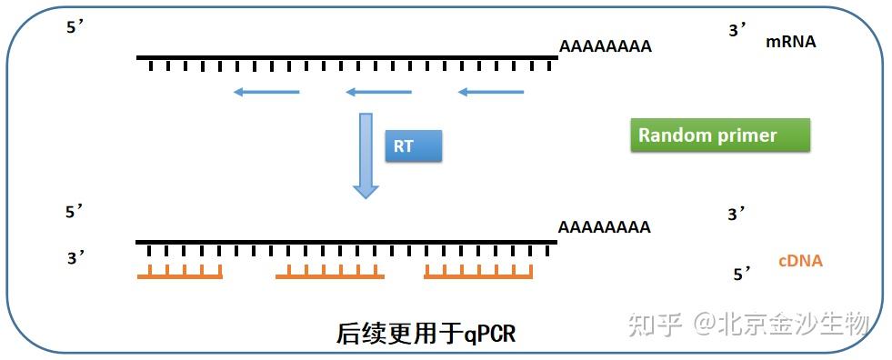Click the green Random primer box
click(x=719, y=135)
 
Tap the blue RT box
click(x=414, y=145)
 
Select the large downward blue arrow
click(x=366, y=155)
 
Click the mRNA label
click(x=790, y=42)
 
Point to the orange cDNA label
click(x=800, y=261)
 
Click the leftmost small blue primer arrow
click(x=266, y=92)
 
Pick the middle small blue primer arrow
click(x=378, y=92)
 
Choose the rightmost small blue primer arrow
click(x=491, y=92)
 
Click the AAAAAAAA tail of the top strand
click(x=605, y=46)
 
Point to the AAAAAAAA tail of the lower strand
click(x=605, y=227)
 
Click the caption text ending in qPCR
click(x=426, y=334)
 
